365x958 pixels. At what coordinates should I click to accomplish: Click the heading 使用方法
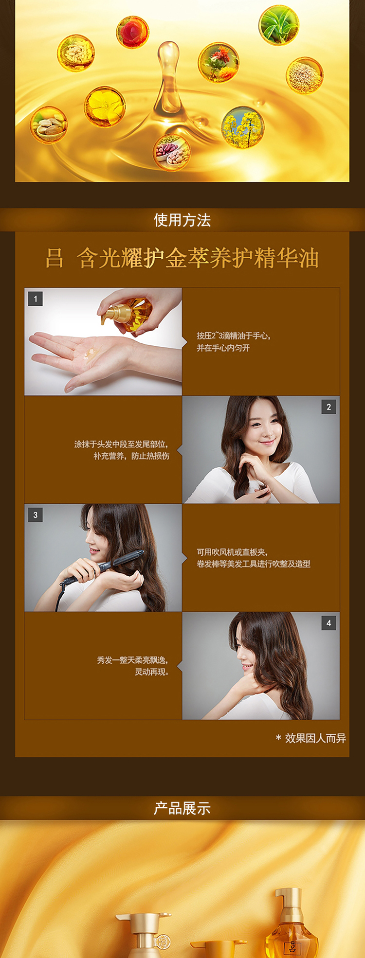(182, 220)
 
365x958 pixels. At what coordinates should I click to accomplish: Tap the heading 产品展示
(182, 808)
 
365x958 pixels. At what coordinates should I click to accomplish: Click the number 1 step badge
(36, 299)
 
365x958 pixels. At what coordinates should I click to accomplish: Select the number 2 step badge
(328, 407)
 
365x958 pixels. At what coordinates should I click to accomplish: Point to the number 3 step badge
(36, 515)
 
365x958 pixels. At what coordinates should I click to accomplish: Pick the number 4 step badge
(328, 623)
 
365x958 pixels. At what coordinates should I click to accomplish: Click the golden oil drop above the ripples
(168, 78)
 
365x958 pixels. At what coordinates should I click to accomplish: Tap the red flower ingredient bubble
(132, 32)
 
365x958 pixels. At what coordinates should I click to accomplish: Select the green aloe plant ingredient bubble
(279, 25)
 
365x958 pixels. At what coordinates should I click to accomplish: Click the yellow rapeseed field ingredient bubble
(243, 127)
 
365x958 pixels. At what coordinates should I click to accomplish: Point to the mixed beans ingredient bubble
(172, 152)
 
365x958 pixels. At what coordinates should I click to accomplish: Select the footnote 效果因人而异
(311, 738)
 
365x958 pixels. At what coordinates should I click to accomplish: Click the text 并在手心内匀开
(223, 348)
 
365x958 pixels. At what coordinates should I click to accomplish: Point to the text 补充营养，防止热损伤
(131, 456)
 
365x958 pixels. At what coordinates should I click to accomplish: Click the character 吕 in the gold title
(55, 258)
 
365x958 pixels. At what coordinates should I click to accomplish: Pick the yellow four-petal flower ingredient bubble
(105, 107)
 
